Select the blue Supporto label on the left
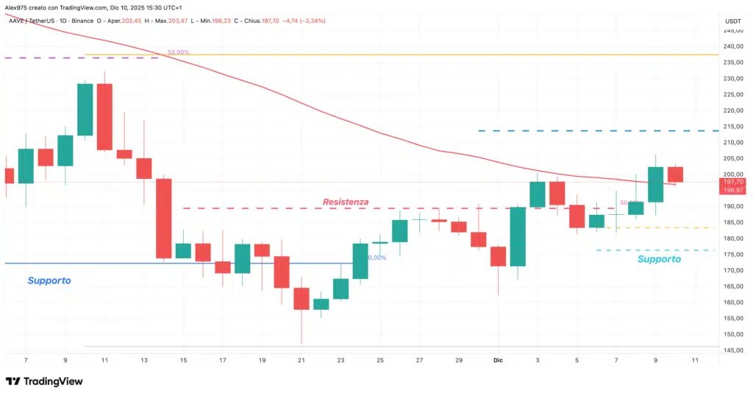click(x=49, y=280)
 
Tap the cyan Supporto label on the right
click(x=659, y=259)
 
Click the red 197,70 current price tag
click(x=733, y=181)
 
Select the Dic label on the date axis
click(x=497, y=361)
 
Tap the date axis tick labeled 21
click(x=301, y=361)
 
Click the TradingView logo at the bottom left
click(x=44, y=381)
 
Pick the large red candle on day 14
click(x=163, y=218)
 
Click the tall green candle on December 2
click(x=518, y=236)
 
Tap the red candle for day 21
click(x=301, y=298)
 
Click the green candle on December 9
click(x=655, y=184)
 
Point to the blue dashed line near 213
click(x=596, y=131)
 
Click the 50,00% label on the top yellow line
click(x=178, y=52)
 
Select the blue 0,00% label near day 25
click(x=376, y=258)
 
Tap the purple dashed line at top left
click(x=74, y=57)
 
